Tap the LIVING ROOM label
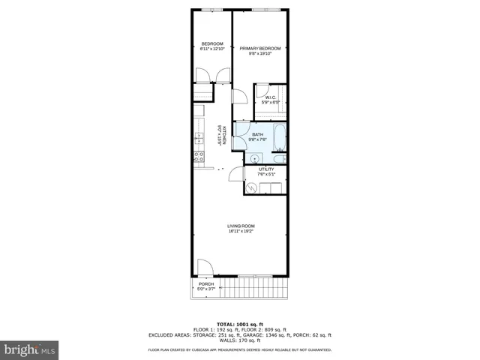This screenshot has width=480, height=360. tap(241, 228)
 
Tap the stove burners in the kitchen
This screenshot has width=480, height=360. tap(199, 157)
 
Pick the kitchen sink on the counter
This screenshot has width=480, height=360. tap(199, 138)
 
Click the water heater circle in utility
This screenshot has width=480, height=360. tap(253, 188)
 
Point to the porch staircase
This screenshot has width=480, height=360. tap(255, 286)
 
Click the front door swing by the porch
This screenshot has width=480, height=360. tap(205, 267)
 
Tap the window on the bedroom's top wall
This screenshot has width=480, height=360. tap(212, 10)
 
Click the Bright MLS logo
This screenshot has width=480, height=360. tap(30, 349)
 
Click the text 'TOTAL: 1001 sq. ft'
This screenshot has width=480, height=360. tap(240, 324)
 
